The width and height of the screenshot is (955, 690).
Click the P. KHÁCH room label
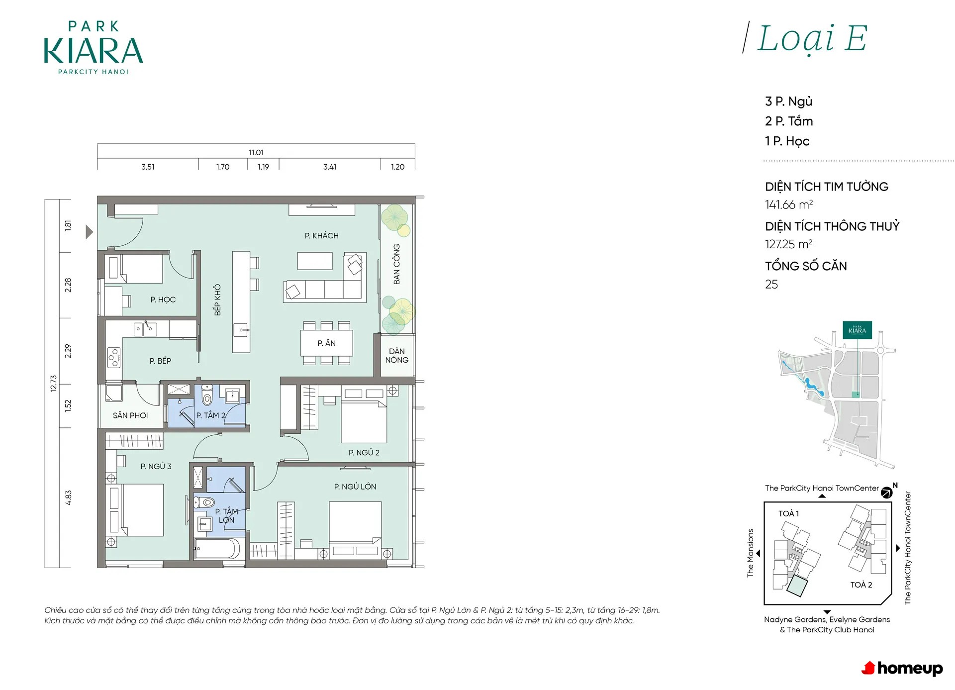(x=321, y=235)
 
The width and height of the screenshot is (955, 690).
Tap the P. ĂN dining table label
(x=326, y=343)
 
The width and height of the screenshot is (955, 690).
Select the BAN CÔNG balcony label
(x=396, y=264)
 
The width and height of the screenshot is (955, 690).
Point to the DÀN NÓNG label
(x=396, y=356)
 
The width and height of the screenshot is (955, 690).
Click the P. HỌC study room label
(x=163, y=299)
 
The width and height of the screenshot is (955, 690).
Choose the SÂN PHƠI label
(x=130, y=415)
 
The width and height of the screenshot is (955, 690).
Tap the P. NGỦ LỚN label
(x=355, y=487)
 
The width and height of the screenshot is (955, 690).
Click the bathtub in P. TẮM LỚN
(x=217, y=549)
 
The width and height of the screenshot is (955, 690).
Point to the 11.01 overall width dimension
(x=256, y=152)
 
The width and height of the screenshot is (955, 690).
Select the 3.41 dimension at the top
(x=330, y=167)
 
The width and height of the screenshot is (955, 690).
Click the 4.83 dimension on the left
(x=68, y=497)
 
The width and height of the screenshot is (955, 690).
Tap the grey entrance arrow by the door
(x=89, y=232)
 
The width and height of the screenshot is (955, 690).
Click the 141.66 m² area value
(x=789, y=204)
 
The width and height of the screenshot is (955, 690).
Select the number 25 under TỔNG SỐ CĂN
(x=771, y=284)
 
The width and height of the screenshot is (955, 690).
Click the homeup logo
(x=902, y=668)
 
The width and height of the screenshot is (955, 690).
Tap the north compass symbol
(x=886, y=493)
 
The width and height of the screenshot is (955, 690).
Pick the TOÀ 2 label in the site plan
(x=861, y=585)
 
